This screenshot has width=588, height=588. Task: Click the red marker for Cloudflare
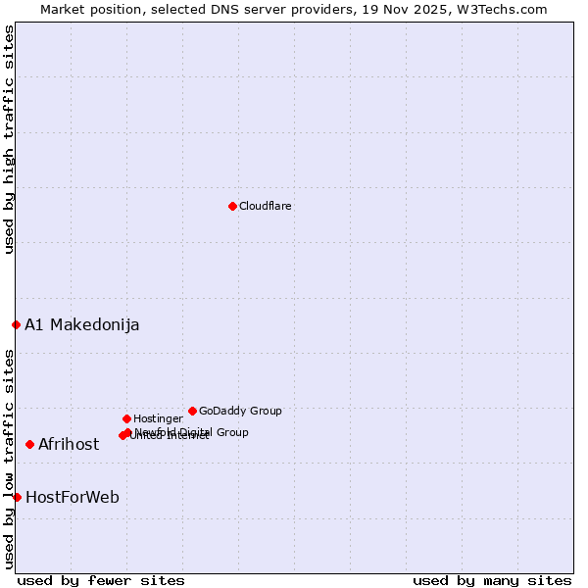coord(232,206)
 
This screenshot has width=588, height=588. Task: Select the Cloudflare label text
coord(265,206)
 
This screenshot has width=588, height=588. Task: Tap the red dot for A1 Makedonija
coord(16,324)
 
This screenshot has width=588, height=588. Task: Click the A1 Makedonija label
coord(81,324)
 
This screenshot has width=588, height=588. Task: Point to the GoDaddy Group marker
coord(192,411)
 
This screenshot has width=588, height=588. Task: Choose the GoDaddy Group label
coord(240,411)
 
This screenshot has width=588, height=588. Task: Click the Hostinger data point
coord(126,418)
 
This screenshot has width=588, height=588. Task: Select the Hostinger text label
coord(158,418)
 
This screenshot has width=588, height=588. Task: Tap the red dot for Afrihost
coord(29,444)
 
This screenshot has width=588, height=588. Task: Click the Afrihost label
coord(69,444)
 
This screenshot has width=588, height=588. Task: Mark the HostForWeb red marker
coord(17,497)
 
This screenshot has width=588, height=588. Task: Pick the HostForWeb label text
coord(73,497)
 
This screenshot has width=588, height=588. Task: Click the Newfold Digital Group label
coord(192,431)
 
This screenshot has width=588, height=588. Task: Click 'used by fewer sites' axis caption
coord(101,580)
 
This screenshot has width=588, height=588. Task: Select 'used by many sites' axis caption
coord(492,580)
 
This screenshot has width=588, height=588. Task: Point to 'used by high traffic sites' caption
coord(9,139)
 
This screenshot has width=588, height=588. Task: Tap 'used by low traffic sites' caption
coord(9,459)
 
